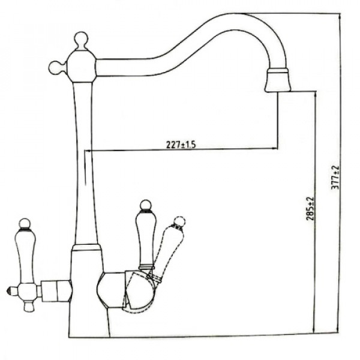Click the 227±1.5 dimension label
coord(181,145)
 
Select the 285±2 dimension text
coord(310,208)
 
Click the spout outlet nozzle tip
coord(278,80)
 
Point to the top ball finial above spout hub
coord(81,39)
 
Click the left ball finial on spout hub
coord(55,68)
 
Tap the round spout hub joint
coord(81,67)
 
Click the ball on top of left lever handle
coord(25,224)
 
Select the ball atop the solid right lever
coord(146,205)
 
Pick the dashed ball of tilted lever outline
coord(179,222)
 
